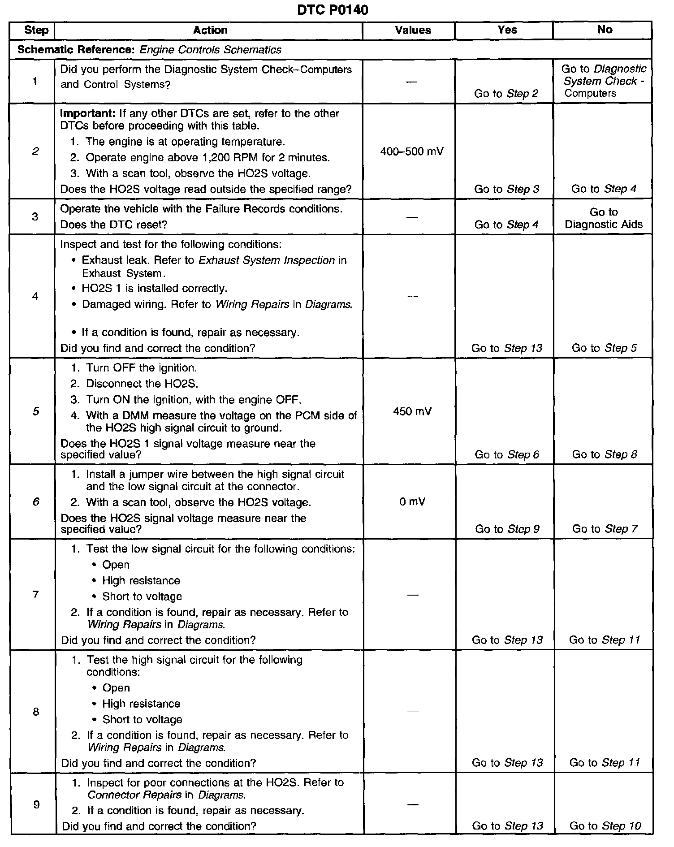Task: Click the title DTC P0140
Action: pos(333,9)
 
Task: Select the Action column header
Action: pos(210,30)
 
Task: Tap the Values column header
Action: pos(413,30)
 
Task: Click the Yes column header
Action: pos(507,30)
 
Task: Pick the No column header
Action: pos(605,29)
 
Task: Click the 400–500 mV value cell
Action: pos(412,151)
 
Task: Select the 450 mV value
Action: pos(412,411)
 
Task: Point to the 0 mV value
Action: pos(412,501)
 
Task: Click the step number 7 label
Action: pos(35,595)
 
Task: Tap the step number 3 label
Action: pos(35,216)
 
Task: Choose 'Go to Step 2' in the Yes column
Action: pos(506,94)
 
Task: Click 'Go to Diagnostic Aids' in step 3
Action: pos(604,218)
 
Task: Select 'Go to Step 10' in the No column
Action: pos(605,825)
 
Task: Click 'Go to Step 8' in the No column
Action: pos(605,454)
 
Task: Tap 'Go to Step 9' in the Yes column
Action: pos(507,529)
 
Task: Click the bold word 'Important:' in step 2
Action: pos(87,113)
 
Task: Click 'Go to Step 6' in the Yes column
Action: pos(507,454)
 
